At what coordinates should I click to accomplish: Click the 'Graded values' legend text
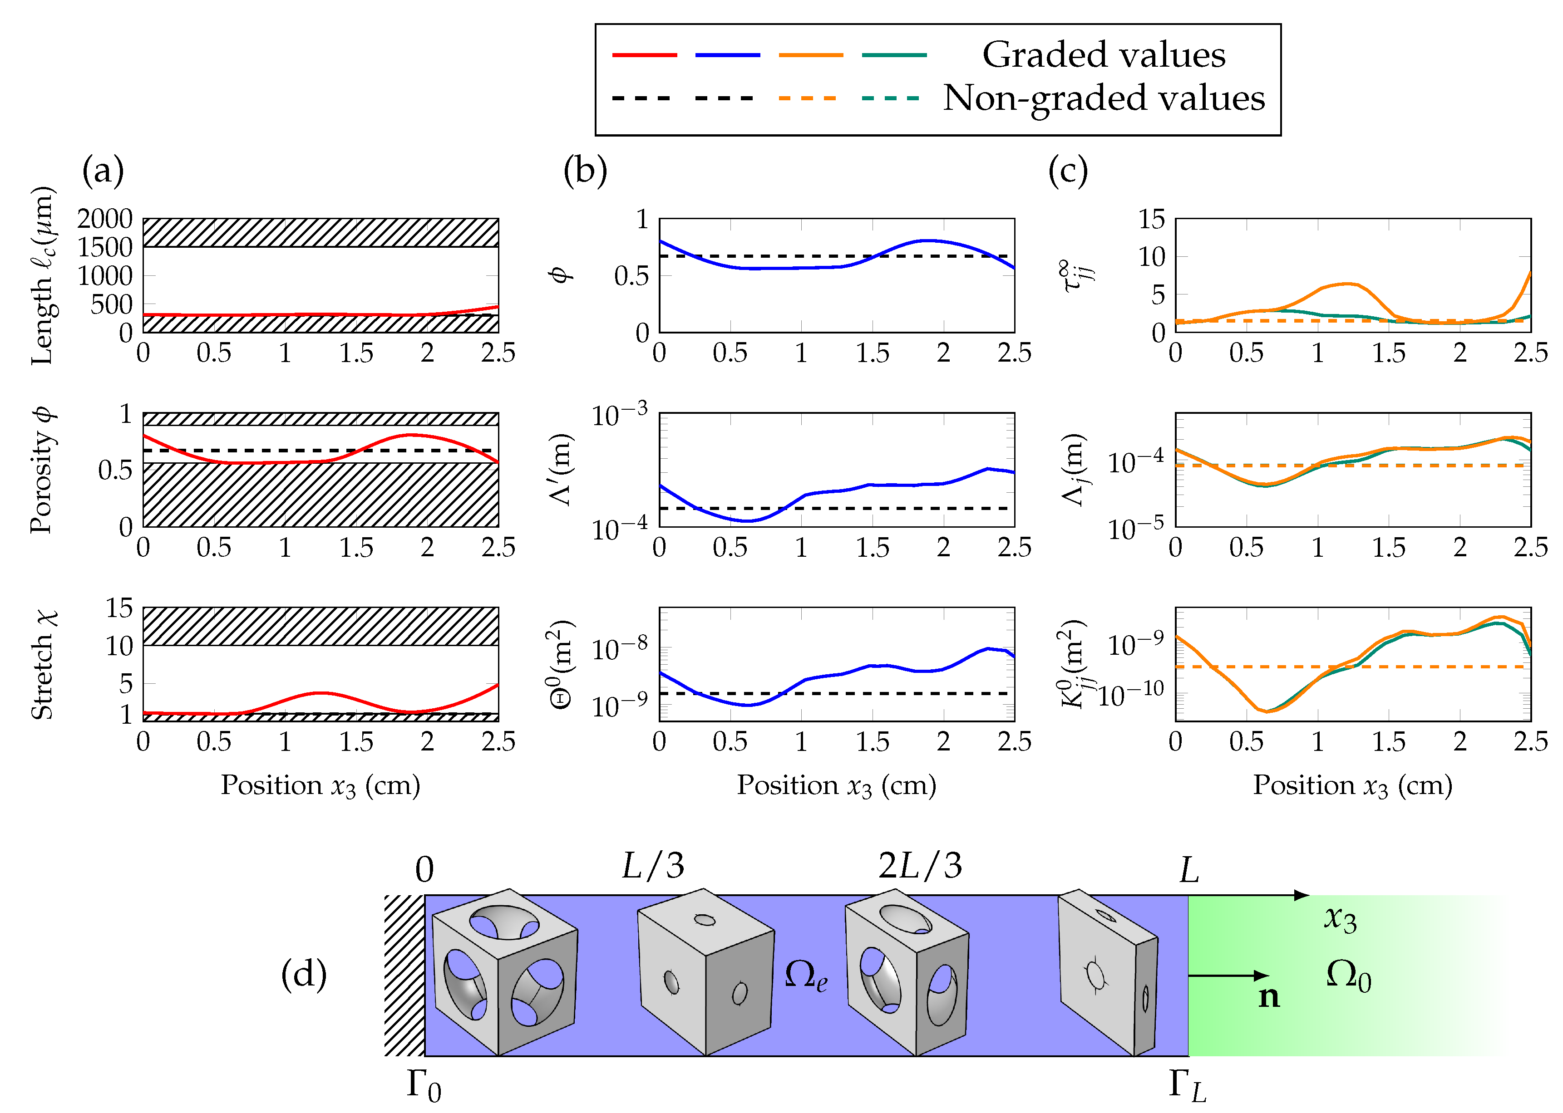pyautogui.click(x=1103, y=55)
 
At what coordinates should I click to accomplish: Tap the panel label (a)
pyautogui.click(x=103, y=170)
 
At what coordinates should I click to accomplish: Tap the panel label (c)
pyautogui.click(x=1067, y=170)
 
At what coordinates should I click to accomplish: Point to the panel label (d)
pyautogui.click(x=304, y=974)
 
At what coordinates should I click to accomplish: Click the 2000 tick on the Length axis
pyautogui.click(x=105, y=219)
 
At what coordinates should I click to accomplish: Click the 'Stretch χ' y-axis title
pyautogui.click(x=43, y=664)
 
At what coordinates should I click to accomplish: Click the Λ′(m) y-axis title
pyautogui.click(x=562, y=470)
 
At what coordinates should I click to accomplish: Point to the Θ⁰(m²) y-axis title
pyautogui.click(x=562, y=664)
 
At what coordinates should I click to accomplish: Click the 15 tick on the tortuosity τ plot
pyautogui.click(x=1152, y=219)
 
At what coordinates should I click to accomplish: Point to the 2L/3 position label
pyautogui.click(x=920, y=866)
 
